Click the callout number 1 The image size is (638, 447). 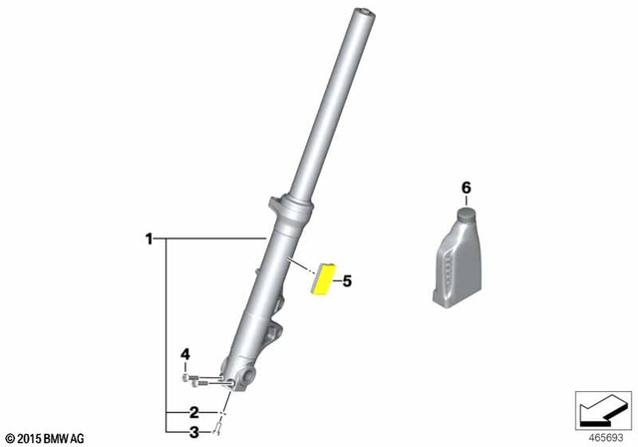(149, 238)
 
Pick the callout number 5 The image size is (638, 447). (347, 281)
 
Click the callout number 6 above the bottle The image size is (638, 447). (464, 188)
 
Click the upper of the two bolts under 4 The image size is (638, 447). (189, 376)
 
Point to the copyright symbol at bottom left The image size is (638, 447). (10, 438)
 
